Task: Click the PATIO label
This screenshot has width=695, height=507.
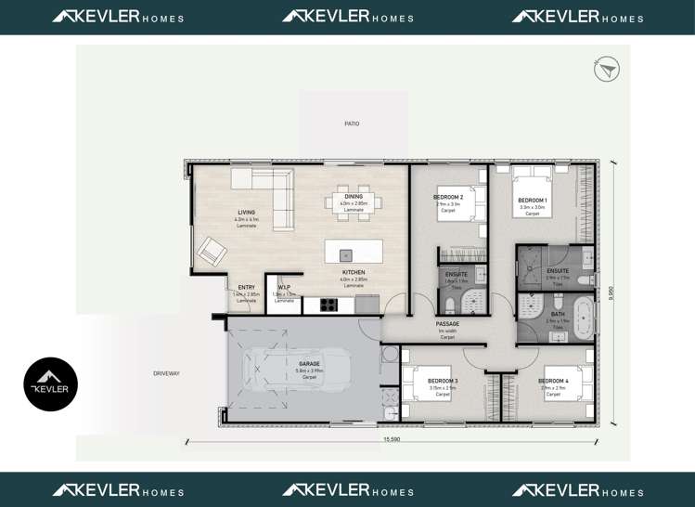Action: (x=352, y=123)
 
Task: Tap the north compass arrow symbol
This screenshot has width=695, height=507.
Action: (x=607, y=70)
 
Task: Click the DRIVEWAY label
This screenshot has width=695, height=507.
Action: (x=167, y=373)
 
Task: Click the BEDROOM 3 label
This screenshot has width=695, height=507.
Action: (x=443, y=381)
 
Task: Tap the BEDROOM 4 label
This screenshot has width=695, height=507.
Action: (x=553, y=381)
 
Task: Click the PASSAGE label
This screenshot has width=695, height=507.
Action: (x=447, y=324)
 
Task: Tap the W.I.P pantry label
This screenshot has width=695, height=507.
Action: (x=284, y=288)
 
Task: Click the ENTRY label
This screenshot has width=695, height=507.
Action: (x=246, y=288)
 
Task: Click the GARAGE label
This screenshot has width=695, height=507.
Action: (x=308, y=364)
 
